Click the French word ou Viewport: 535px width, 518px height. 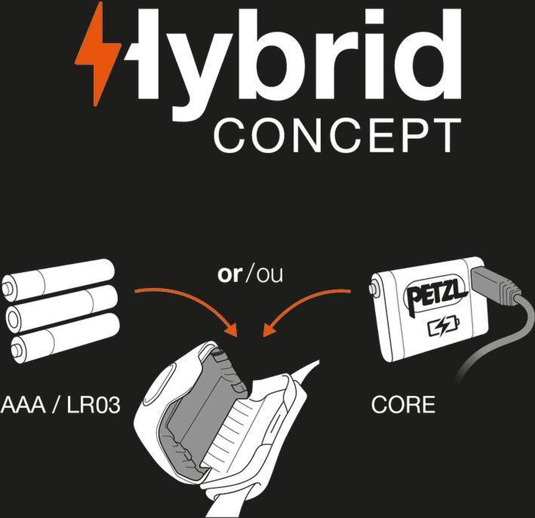(x=270, y=275)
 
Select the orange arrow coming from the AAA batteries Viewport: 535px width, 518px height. (x=187, y=304)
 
